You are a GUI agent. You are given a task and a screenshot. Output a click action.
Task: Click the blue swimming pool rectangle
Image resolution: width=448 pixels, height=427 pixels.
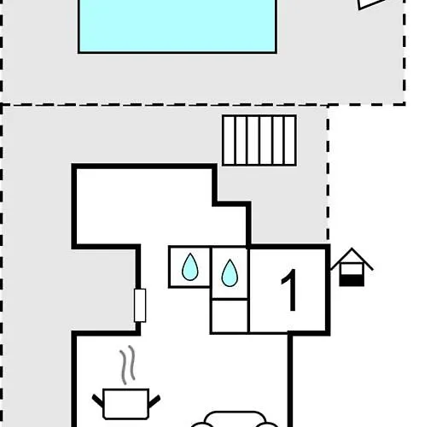click(177, 26)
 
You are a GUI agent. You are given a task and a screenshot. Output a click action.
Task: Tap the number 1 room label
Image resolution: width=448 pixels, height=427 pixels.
click(289, 290)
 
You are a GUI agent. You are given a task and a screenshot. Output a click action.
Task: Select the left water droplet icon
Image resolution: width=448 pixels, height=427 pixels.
click(190, 266)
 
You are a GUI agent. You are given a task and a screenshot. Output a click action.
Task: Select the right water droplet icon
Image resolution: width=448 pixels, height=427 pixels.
click(230, 272)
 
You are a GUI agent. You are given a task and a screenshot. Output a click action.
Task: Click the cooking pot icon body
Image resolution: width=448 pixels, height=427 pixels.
click(125, 404)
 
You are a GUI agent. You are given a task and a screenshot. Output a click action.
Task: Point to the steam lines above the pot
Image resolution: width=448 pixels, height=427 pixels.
click(127, 365)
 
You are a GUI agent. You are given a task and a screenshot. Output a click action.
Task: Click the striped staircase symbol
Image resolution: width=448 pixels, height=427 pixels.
click(259, 140)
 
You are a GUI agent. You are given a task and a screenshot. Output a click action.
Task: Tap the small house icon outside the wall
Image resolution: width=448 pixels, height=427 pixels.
click(352, 266)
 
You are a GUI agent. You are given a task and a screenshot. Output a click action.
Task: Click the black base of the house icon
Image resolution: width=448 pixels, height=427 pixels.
click(352, 281)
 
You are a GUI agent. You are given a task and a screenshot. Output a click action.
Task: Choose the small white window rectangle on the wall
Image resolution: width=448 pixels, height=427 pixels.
click(140, 305)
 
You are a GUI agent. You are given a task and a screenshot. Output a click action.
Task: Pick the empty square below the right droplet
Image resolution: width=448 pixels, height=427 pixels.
click(230, 316)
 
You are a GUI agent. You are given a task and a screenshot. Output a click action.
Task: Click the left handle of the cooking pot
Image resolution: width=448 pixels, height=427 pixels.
click(98, 401)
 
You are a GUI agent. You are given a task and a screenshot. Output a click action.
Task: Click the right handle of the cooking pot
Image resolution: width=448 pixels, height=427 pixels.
click(154, 401)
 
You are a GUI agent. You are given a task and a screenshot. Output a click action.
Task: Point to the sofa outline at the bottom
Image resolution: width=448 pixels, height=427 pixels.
click(235, 419)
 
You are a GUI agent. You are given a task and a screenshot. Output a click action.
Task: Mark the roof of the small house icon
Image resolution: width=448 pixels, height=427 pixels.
click(352, 258)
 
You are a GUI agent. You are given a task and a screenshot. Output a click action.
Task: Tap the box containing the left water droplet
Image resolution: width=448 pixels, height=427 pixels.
click(189, 266)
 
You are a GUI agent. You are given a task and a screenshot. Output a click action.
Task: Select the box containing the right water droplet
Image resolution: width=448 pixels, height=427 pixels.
click(230, 273)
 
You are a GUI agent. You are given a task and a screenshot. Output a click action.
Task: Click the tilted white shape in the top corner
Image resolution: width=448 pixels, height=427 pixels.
click(371, 4)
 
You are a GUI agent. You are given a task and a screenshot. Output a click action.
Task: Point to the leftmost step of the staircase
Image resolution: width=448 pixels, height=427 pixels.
click(229, 140)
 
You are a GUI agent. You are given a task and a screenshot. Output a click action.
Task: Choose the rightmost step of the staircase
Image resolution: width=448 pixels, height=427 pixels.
click(290, 140)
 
